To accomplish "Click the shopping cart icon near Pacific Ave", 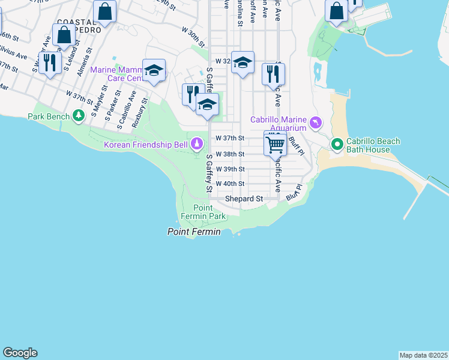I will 275,144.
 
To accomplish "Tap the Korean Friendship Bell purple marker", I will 197,143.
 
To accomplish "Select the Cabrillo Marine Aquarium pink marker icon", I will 316,123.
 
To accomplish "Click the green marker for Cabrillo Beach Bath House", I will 337,145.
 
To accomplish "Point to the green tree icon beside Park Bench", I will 78,115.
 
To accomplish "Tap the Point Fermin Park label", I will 203,212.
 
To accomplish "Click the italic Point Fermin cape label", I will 193,232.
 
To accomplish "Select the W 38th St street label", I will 230,154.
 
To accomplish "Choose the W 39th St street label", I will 230,169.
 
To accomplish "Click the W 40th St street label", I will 230,184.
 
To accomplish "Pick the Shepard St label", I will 244,199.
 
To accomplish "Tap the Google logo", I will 20,353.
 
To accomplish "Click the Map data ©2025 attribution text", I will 423,355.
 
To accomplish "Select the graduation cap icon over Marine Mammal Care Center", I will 154,71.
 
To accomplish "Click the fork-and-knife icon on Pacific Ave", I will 273,74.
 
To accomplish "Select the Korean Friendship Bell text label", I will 146,145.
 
